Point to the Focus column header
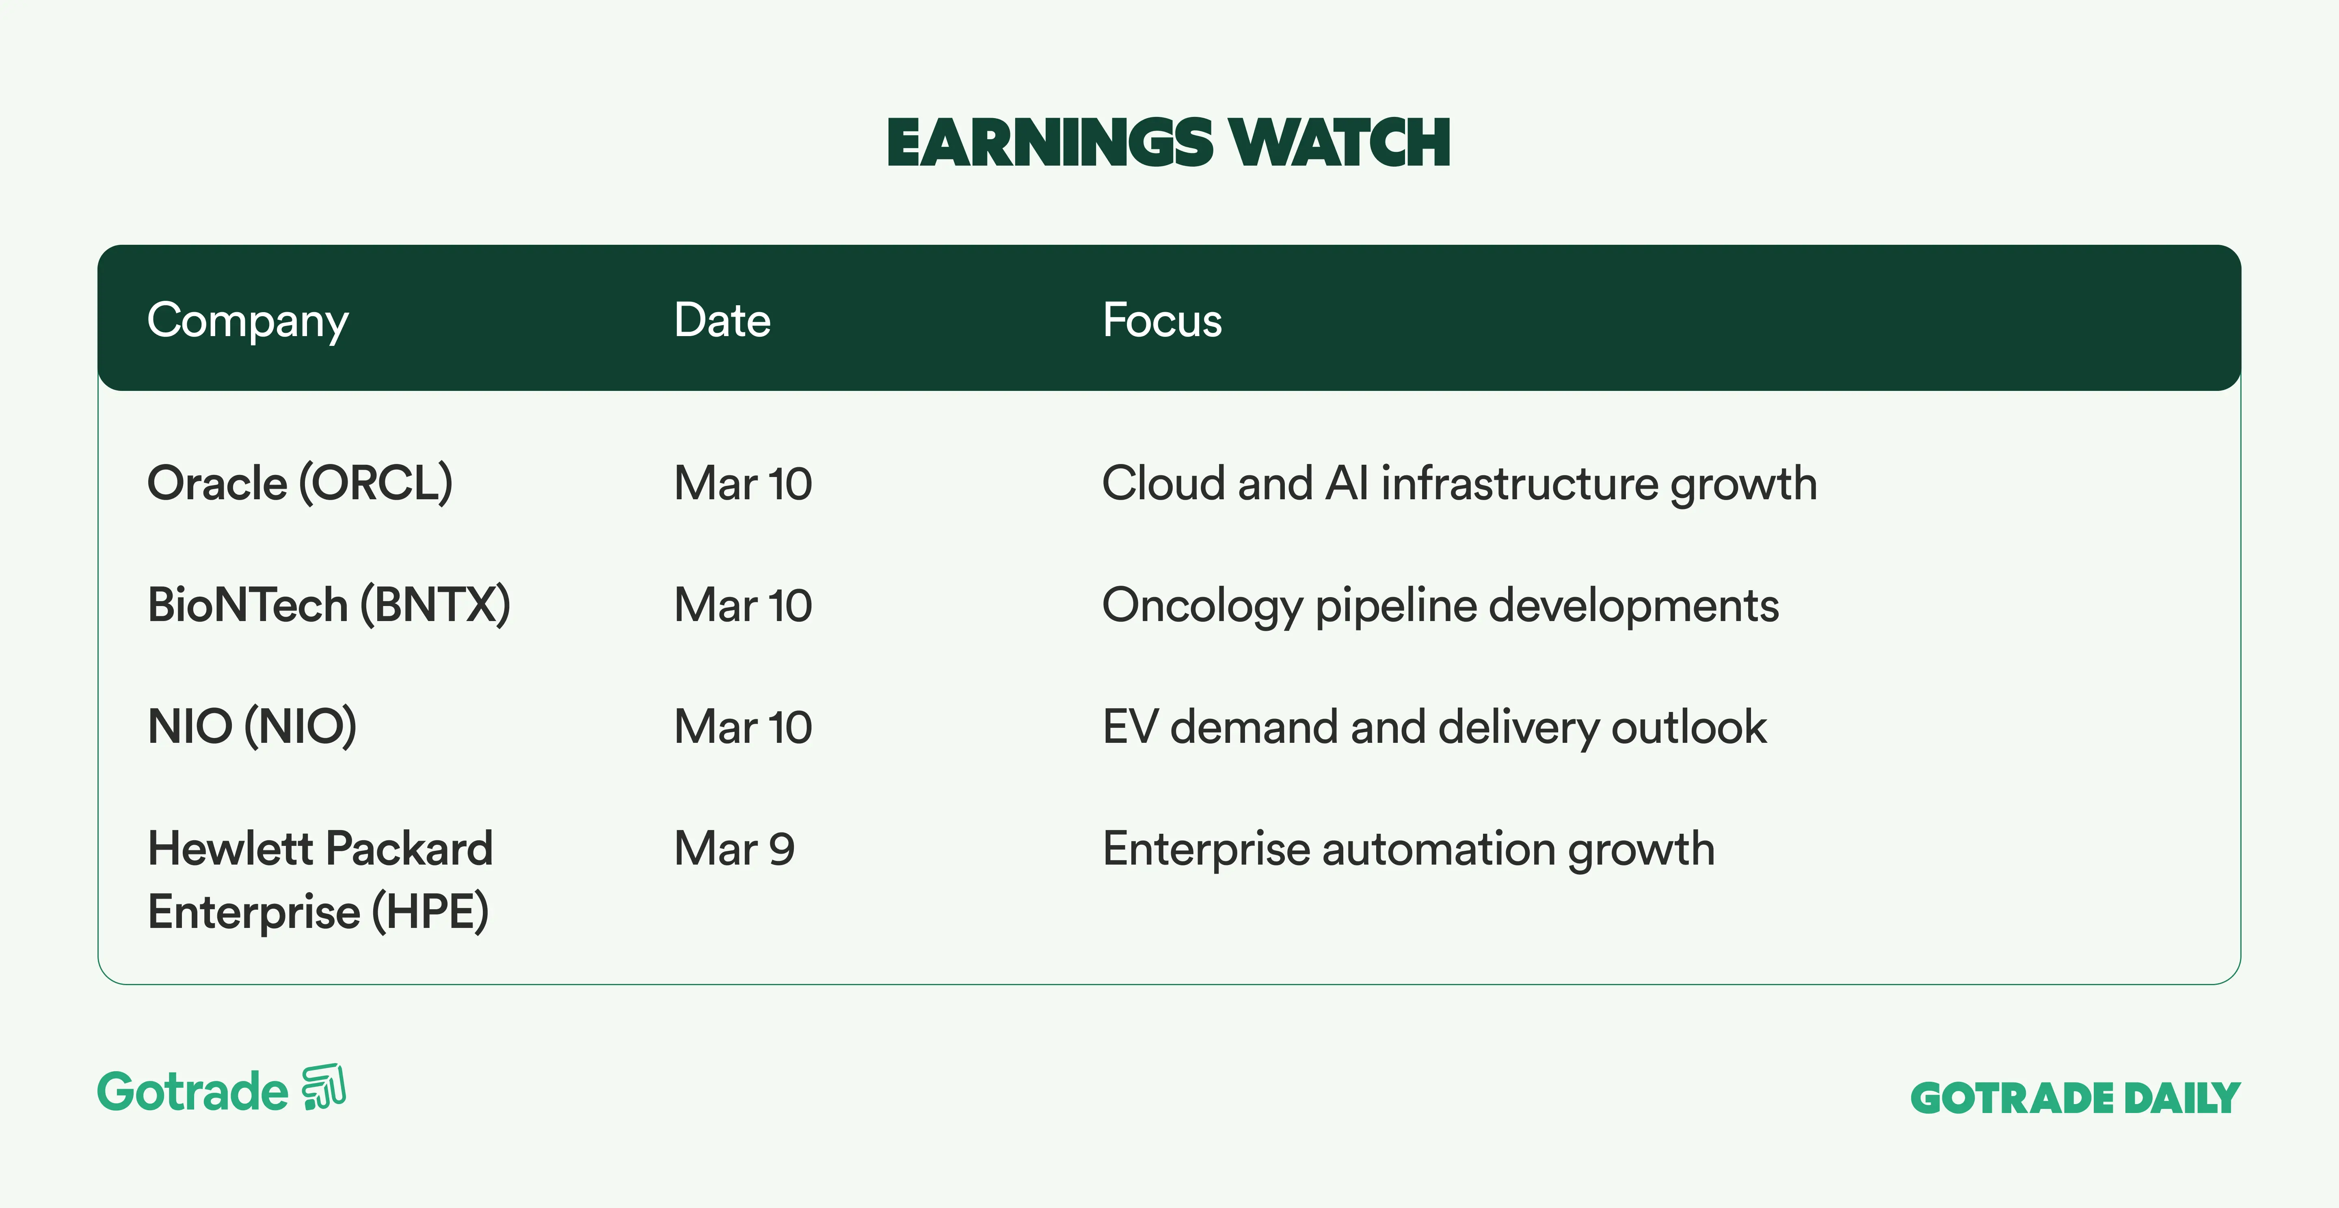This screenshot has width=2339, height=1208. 1162,320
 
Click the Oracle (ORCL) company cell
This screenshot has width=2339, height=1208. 300,483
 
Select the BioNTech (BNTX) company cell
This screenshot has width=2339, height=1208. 329,604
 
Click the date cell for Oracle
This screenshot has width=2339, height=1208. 743,483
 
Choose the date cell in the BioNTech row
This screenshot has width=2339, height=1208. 743,604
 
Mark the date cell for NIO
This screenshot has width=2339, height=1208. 743,726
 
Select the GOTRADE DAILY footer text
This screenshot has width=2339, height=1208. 2076,1098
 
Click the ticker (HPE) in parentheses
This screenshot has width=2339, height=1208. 430,912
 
